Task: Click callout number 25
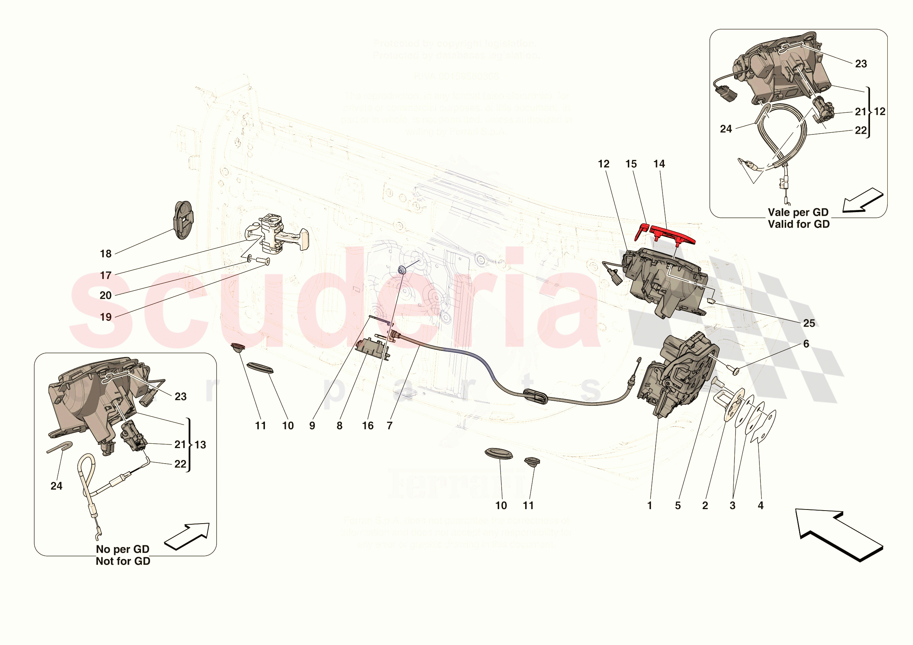[809, 323]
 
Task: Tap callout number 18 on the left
[106, 254]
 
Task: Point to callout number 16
[368, 426]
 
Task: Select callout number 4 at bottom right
[760, 506]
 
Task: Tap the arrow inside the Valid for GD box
[862, 201]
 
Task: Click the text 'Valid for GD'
[798, 224]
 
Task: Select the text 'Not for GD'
[123, 561]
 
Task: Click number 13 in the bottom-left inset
[200, 444]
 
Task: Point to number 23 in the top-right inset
[861, 64]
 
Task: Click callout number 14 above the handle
[659, 164]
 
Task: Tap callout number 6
[806, 344]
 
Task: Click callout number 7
[389, 426]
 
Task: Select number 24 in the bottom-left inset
[56, 486]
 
